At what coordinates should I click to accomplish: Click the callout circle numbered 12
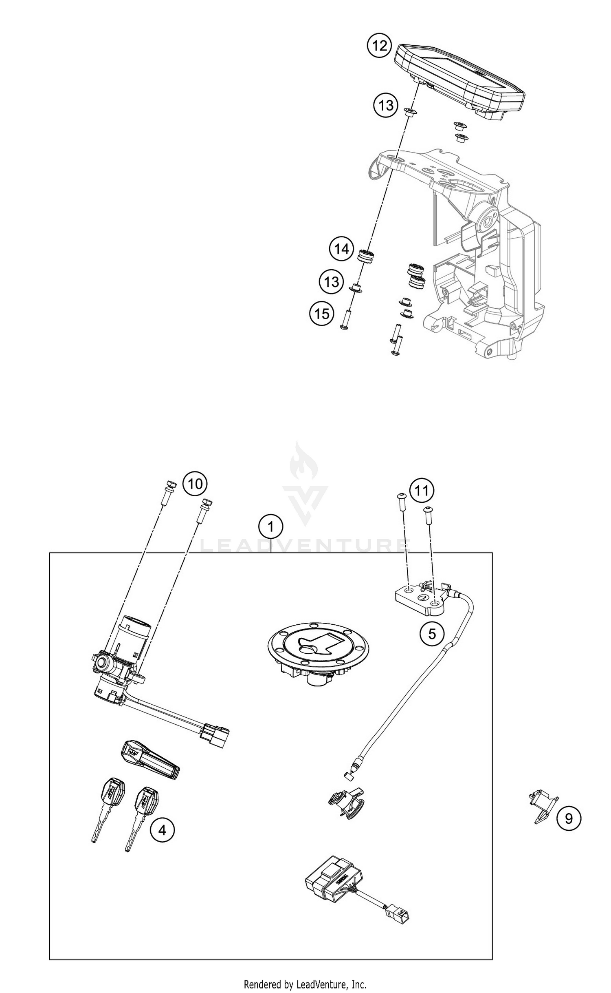(379, 46)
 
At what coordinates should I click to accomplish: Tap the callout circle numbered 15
(321, 314)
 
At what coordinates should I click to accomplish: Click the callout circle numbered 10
(195, 484)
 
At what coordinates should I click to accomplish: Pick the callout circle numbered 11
(422, 490)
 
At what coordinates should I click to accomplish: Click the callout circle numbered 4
(162, 829)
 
